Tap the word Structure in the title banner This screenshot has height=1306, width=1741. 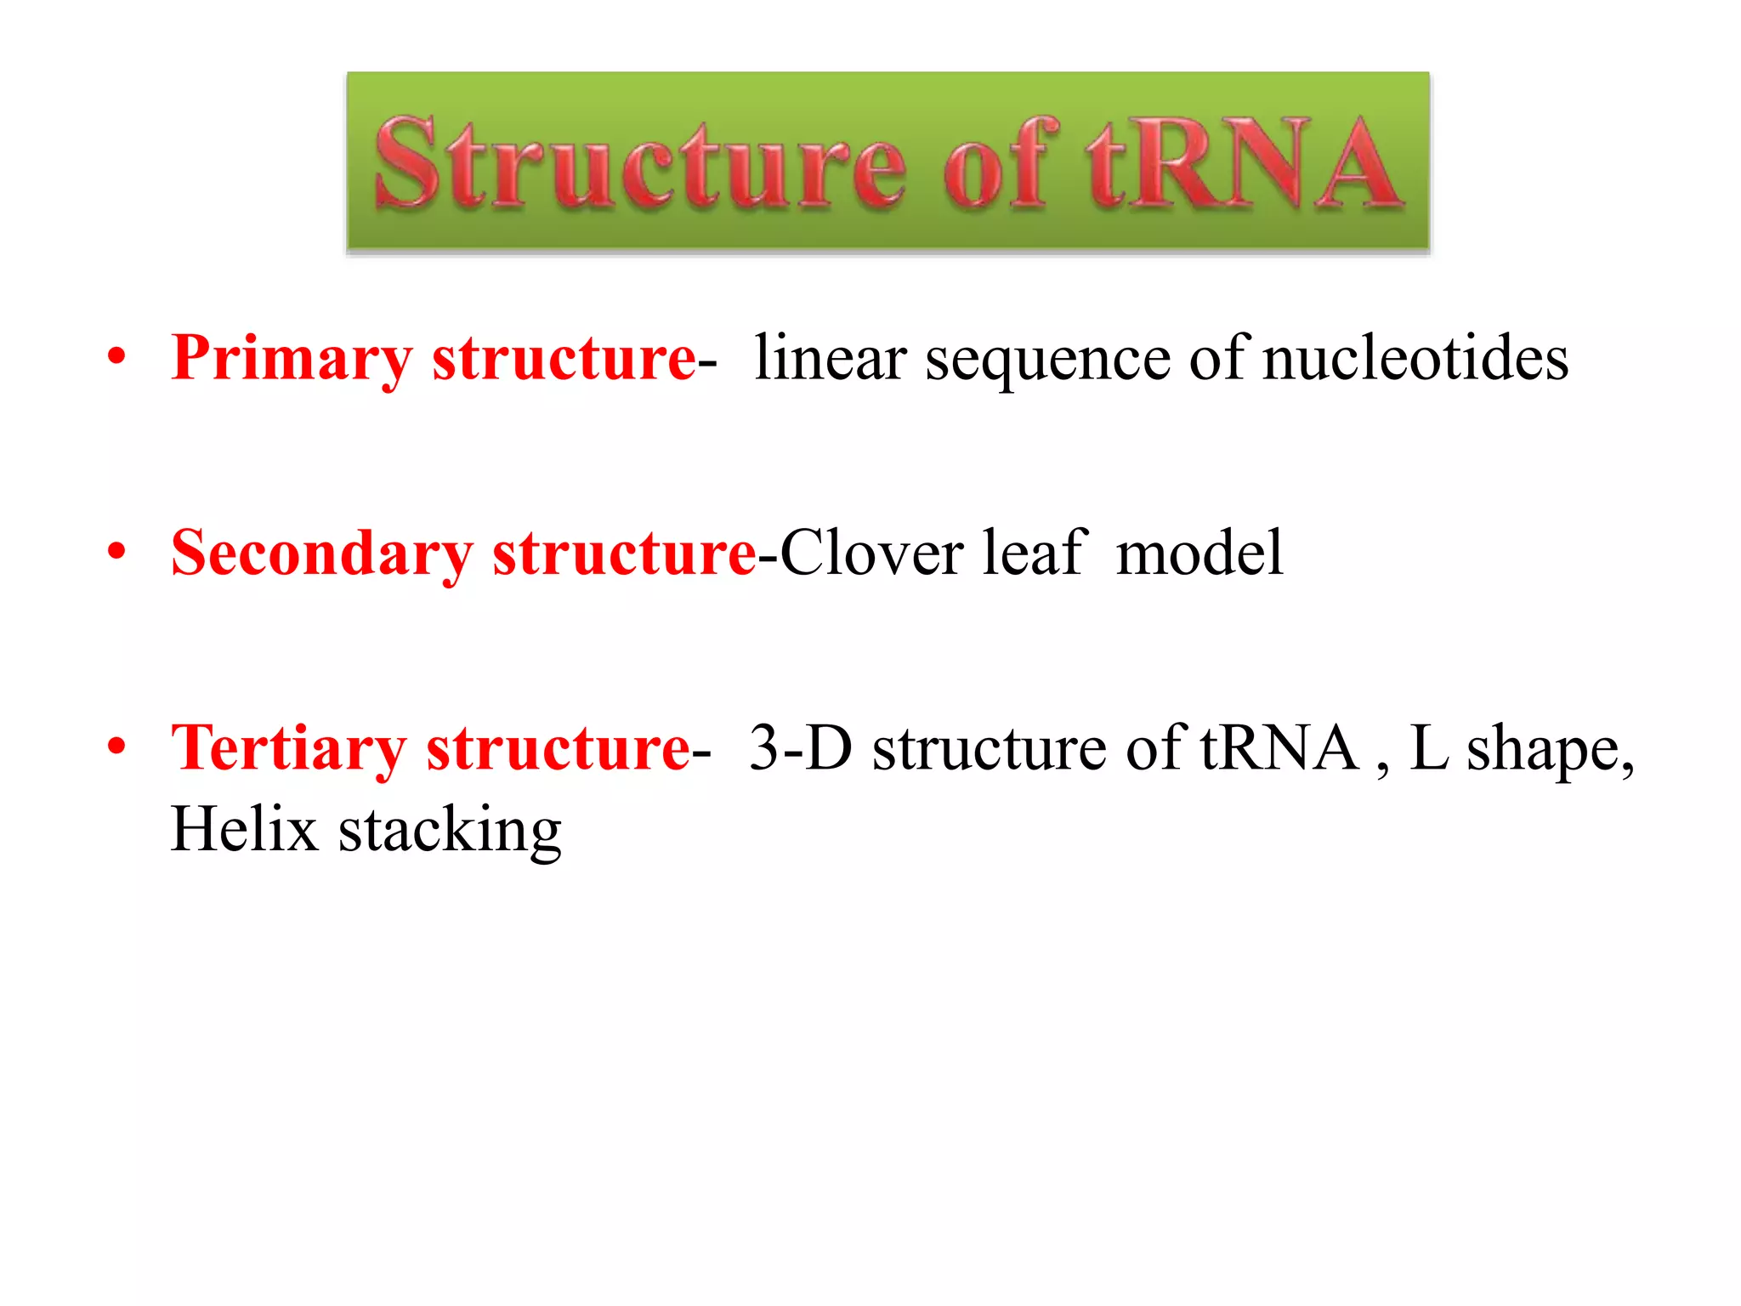pyautogui.click(x=639, y=163)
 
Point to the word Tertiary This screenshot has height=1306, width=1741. pyautogui.click(x=288, y=748)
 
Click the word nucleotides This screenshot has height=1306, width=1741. pyautogui.click(x=1415, y=359)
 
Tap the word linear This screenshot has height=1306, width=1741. pyautogui.click(x=831, y=359)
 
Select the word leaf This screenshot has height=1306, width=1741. pyautogui.click(x=1035, y=554)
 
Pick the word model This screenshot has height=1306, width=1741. pyautogui.click(x=1199, y=554)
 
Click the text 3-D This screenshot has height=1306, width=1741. pyautogui.click(x=800, y=748)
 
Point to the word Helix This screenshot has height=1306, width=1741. pyautogui.click(x=244, y=829)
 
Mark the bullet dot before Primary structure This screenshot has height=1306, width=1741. pyautogui.click(x=116, y=355)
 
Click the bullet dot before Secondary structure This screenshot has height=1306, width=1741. pyautogui.click(x=116, y=551)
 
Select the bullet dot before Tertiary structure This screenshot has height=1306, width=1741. pyautogui.click(x=116, y=746)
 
